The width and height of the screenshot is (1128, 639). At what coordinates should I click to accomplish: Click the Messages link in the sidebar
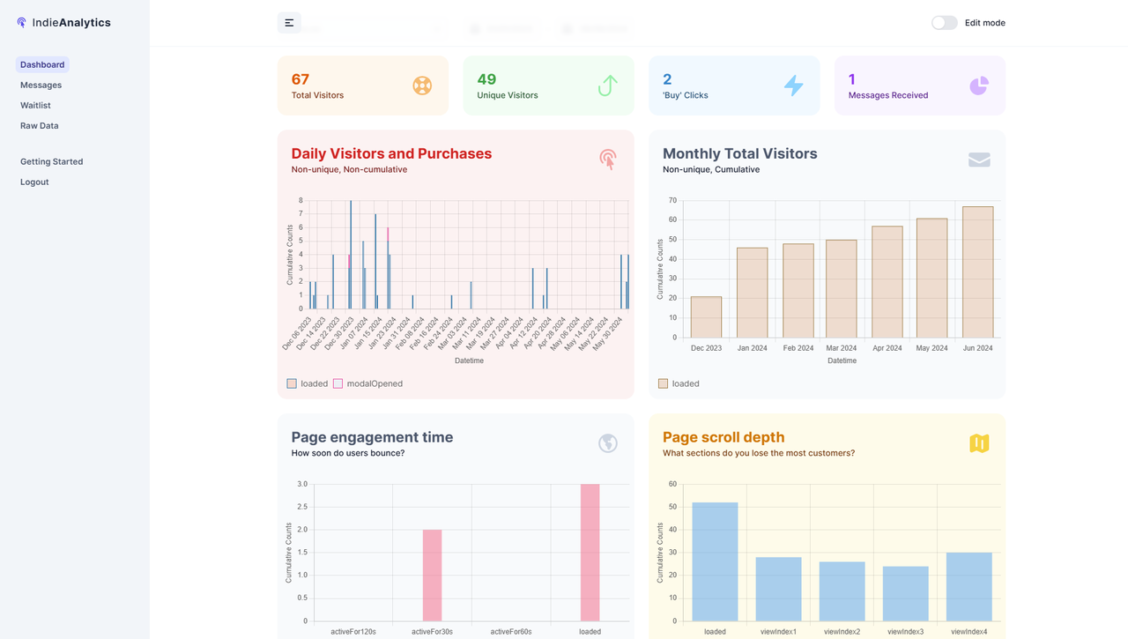pos(41,85)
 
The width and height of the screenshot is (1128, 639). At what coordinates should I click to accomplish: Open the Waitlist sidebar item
pos(35,105)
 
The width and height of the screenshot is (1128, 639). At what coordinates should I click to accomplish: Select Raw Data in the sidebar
pos(39,125)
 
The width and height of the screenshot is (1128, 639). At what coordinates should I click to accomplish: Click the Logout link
pos(34,182)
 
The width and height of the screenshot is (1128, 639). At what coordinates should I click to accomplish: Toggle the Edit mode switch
pos(944,23)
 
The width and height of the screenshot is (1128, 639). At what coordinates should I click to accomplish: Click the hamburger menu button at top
pos(289,23)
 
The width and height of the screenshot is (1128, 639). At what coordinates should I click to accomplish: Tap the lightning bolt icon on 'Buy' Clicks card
pos(794,85)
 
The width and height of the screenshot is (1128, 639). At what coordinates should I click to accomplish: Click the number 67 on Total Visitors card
pos(301,79)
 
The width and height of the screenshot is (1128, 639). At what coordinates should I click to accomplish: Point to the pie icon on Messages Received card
pos(979,85)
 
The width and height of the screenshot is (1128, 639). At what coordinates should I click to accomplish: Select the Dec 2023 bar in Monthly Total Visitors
pos(706,316)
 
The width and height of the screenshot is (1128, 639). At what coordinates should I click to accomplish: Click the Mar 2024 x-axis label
pos(842,348)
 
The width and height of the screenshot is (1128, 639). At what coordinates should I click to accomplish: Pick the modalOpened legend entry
pos(374,383)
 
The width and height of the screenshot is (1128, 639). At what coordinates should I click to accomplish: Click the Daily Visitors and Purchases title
pos(391,153)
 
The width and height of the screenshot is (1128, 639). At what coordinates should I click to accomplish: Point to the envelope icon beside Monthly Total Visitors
pos(979,160)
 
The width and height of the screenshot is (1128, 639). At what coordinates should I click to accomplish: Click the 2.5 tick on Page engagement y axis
pos(302,507)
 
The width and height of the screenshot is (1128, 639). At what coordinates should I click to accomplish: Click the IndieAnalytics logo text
pos(71,23)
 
